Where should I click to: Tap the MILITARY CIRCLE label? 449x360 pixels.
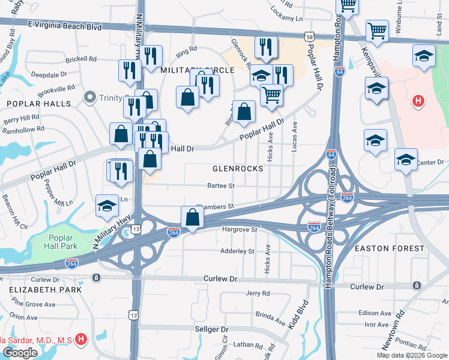coord(197,70)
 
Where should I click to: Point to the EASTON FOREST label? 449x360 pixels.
coord(390,248)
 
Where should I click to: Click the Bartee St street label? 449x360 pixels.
coord(220,186)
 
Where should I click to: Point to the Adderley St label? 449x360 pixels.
coord(238,251)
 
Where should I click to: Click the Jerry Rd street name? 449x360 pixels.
coord(258,293)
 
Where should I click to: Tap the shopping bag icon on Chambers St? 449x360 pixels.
coord(191,217)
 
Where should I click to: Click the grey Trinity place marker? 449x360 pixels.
coord(91,96)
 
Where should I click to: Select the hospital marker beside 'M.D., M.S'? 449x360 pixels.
coord(81,340)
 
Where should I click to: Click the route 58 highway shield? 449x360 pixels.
coord(309,37)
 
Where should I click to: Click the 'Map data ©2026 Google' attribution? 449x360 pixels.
coord(411,355)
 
